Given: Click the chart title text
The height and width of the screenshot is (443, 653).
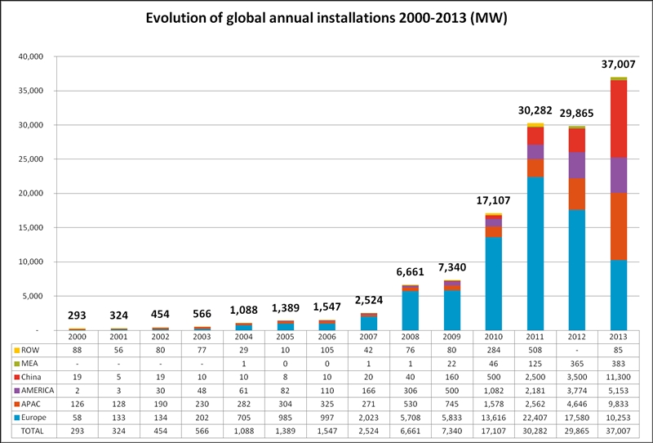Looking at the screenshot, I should pos(326,17).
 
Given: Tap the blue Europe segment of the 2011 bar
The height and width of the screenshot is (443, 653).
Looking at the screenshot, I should pos(535,253).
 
